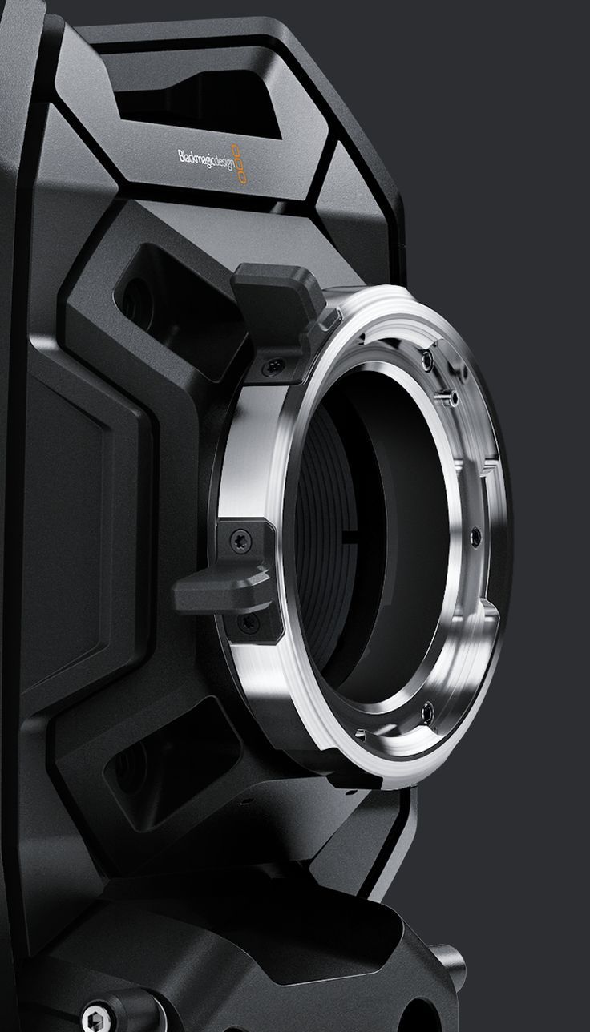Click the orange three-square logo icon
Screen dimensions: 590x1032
point(239,164)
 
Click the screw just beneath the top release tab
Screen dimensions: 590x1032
point(273,365)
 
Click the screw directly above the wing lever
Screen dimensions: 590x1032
point(240,540)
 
